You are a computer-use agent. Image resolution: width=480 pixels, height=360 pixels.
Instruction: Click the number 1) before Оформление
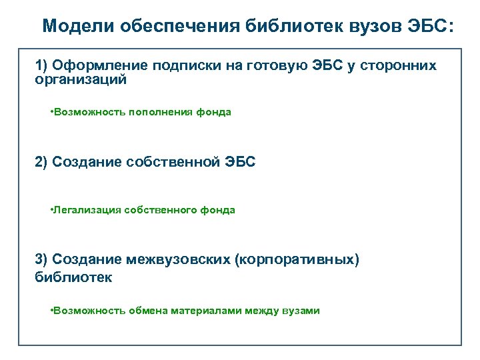pyautogui.click(x=41, y=65)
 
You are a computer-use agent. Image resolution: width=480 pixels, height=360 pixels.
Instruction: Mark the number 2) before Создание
pyautogui.click(x=41, y=162)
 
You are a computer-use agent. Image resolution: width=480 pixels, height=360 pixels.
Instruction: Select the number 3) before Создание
pyautogui.click(x=41, y=259)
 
